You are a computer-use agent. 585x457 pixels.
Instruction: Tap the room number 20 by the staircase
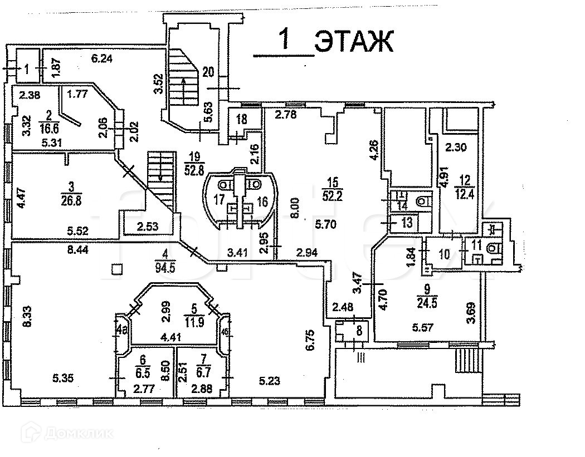click(x=208, y=71)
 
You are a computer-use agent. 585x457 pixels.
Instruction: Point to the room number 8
click(x=360, y=330)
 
